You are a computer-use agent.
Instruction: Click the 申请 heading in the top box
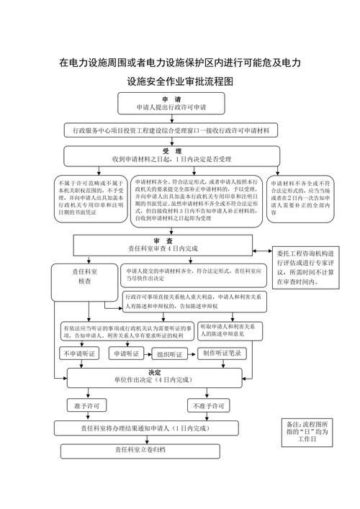point(171,99)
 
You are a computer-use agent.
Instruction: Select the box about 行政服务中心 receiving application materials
point(171,131)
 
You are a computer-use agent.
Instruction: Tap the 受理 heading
point(171,150)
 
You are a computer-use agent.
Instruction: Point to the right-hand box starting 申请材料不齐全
point(302,194)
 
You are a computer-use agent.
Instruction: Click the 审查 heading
point(162,240)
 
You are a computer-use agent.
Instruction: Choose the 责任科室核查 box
point(84,277)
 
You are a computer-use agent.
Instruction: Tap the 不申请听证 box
point(79,354)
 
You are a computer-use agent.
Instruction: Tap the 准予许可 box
point(88,405)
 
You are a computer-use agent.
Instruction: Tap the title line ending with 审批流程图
point(180,81)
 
